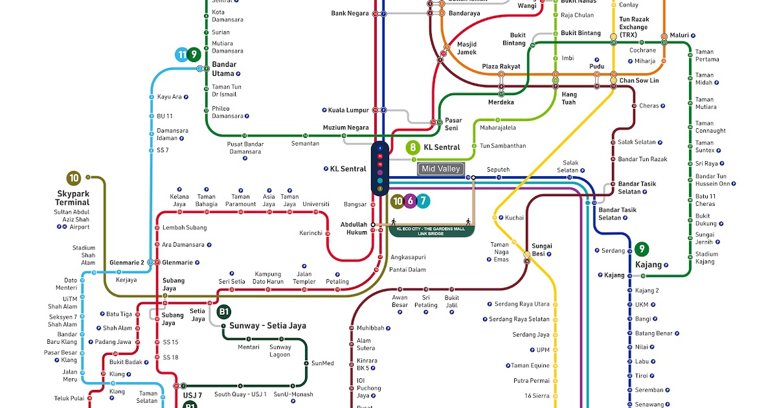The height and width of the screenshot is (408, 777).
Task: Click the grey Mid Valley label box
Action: [441, 169]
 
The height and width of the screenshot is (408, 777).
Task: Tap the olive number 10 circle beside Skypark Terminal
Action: [74, 178]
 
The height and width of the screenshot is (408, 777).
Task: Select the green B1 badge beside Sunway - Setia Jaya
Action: [224, 312]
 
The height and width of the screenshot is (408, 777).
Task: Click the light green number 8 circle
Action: [412, 147]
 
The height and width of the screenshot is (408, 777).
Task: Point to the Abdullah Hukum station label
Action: [354, 228]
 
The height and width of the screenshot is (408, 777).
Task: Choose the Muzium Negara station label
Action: [346, 128]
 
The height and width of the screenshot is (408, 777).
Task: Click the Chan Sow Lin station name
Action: [639, 81]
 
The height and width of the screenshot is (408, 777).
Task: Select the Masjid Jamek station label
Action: [467, 49]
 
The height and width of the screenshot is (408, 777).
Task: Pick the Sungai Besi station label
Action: [541, 250]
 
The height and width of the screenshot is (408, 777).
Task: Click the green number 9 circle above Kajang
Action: [642, 249]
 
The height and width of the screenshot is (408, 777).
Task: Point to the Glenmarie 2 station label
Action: [127, 262]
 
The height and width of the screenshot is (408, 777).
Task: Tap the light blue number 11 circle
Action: [181, 55]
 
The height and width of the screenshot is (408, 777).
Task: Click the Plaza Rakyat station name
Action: [501, 67]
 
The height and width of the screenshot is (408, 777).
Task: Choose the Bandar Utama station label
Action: [224, 69]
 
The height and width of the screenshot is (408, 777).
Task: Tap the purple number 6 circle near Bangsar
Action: [410, 201]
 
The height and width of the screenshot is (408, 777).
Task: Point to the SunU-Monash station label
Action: [293, 394]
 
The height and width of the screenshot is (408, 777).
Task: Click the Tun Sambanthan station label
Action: [502, 146]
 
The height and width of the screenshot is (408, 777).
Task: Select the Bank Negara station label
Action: [350, 13]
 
